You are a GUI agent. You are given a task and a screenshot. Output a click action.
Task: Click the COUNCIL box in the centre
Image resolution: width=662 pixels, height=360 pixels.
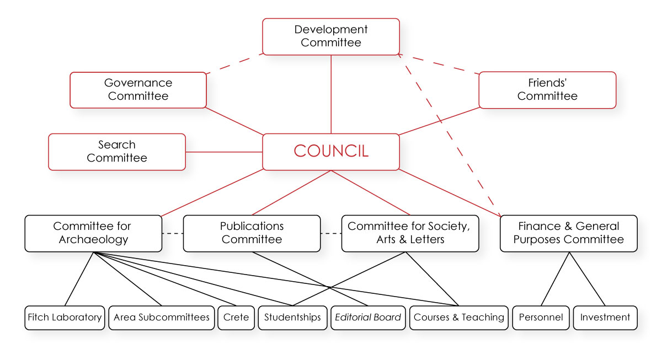[x=330, y=152]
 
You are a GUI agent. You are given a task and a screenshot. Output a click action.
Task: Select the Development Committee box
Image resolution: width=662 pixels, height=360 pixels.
[x=330, y=36]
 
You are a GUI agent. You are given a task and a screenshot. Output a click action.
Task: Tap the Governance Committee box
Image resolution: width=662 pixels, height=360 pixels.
[x=138, y=90]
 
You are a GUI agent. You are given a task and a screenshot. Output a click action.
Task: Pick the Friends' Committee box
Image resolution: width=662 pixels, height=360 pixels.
[x=547, y=90]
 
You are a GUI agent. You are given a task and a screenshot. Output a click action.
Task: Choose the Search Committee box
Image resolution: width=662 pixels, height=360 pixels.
[x=117, y=152]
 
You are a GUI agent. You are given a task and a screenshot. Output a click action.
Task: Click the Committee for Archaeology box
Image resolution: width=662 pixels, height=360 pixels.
[x=93, y=233]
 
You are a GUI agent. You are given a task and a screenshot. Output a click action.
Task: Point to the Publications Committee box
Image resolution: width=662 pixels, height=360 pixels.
[x=252, y=233]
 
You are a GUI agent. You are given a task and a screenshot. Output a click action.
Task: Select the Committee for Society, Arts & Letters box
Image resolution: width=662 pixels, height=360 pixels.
[x=410, y=233]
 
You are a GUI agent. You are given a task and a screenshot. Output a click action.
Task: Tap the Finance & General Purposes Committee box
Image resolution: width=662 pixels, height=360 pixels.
[x=568, y=233]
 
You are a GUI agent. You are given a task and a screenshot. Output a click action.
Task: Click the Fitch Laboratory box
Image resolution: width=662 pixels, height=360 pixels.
[x=65, y=318]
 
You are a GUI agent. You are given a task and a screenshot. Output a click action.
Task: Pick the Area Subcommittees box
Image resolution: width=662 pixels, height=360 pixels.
[x=161, y=318]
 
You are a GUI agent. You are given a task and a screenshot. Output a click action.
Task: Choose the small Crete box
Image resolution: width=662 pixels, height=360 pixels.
[x=236, y=318]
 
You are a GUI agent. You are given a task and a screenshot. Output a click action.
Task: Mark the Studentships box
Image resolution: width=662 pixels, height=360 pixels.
[x=292, y=318]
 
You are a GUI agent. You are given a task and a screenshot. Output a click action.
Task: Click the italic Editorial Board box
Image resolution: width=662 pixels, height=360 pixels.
[x=368, y=318]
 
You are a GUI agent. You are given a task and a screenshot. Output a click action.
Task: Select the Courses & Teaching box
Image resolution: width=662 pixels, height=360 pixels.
[x=458, y=318]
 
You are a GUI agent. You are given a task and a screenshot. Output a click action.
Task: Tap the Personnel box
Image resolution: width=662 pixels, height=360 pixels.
[x=541, y=318]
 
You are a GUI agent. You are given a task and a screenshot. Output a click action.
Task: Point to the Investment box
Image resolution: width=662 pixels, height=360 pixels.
[x=605, y=318]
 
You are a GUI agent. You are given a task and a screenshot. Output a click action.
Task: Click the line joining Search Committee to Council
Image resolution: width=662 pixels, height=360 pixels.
[x=224, y=152]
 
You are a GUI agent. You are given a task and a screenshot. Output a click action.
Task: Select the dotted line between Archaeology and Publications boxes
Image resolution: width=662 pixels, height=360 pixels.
[x=172, y=234]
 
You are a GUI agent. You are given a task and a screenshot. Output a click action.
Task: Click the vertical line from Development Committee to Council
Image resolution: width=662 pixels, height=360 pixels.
[x=331, y=94]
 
